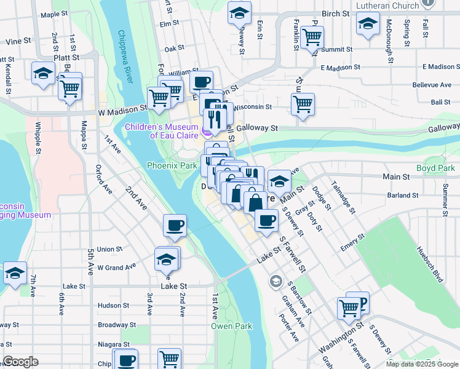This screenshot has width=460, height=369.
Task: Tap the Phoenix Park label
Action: coord(172,165)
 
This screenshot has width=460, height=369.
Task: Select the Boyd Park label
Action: coord(435,168)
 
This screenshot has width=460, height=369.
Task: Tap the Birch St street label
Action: coord(335,14)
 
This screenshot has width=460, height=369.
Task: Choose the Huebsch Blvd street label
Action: coord(430,264)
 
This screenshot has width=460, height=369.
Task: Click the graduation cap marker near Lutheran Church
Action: coord(368,24)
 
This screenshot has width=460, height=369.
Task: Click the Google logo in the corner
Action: coord(20,362)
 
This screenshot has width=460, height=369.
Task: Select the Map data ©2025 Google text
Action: coord(421,364)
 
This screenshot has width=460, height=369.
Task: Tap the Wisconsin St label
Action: coord(252,106)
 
